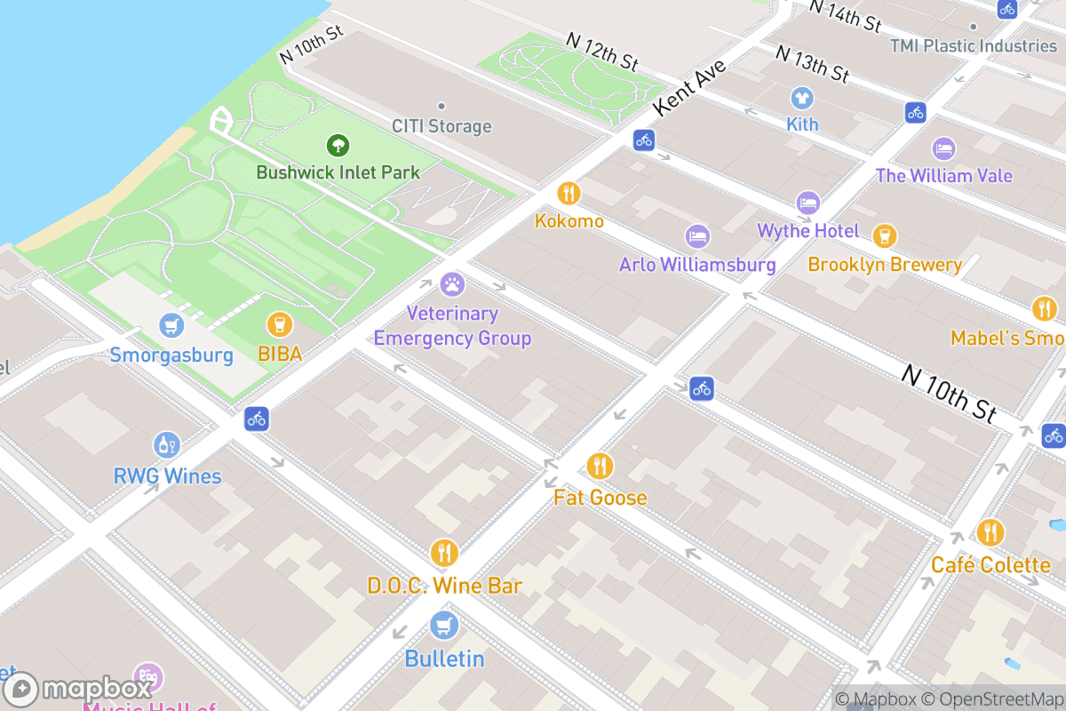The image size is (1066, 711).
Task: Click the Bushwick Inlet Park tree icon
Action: point(337,145)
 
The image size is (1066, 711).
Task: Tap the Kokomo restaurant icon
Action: point(569,193)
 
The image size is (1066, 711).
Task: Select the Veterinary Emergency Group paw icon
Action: point(452,285)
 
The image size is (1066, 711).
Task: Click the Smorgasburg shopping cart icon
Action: point(171,326)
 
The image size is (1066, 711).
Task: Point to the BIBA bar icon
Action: point(280,325)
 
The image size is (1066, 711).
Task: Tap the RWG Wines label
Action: point(167,476)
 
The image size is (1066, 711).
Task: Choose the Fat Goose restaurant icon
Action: point(600,466)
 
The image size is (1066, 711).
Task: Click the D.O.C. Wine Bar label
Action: point(444,586)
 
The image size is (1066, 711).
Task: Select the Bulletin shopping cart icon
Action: point(444,626)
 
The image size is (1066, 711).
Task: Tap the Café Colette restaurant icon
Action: point(990,532)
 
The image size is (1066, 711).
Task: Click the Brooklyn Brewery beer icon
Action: point(884,236)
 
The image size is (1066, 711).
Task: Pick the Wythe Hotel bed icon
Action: point(807,204)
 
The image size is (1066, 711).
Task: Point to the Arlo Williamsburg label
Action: point(697,265)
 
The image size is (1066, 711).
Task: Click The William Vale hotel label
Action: point(943,175)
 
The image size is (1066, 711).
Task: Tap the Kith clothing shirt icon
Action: point(802,97)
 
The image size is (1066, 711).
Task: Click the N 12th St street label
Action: point(603,52)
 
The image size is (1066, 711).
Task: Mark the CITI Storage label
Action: point(442,126)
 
